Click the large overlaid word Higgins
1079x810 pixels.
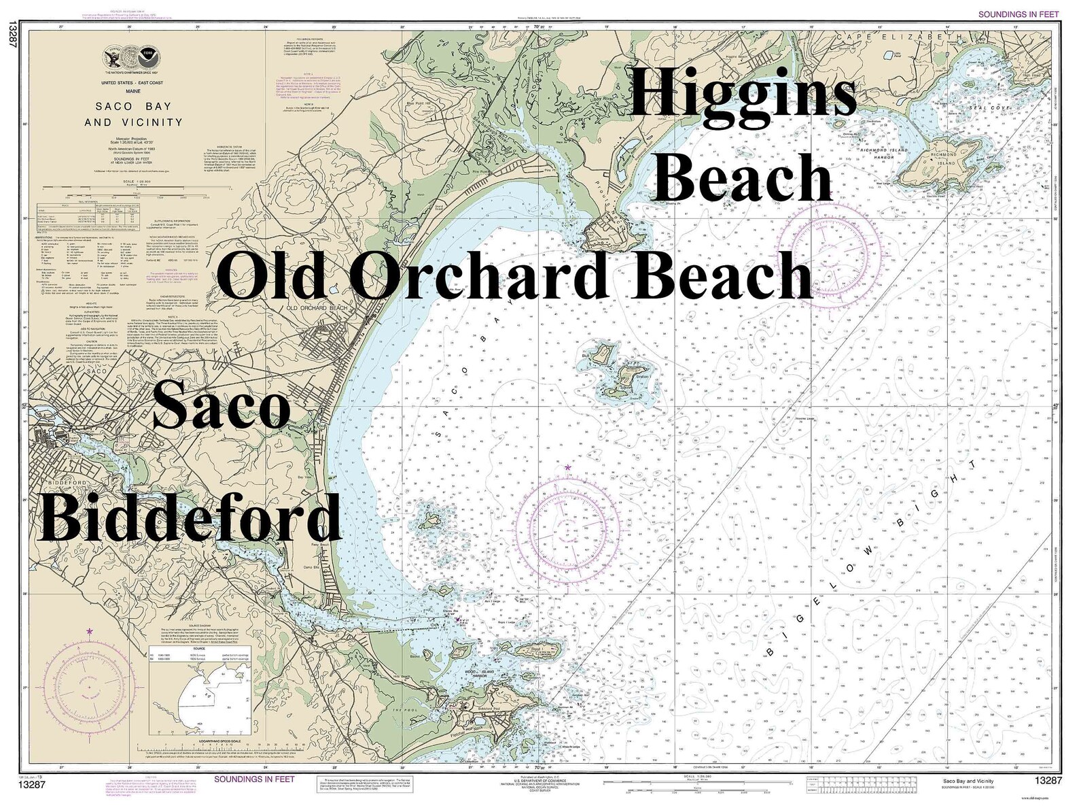[x=743, y=95]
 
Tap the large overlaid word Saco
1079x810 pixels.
[x=222, y=405]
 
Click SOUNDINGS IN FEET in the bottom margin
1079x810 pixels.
[x=254, y=779]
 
